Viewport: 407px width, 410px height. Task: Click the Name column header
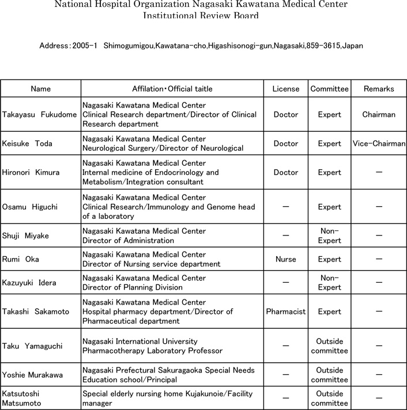pos(40,89)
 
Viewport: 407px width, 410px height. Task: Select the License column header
pos(286,89)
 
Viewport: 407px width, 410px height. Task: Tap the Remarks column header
pos(379,89)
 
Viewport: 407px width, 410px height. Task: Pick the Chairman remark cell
pos(379,115)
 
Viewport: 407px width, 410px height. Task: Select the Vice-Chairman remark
pos(379,143)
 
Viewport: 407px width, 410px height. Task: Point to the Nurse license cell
pos(285,259)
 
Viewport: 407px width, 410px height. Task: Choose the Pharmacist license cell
pos(286,312)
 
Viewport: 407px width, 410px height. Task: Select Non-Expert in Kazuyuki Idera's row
pos(330,283)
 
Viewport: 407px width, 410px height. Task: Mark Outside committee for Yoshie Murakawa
pos(330,374)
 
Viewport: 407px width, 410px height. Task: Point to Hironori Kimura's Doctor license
pos(285,172)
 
